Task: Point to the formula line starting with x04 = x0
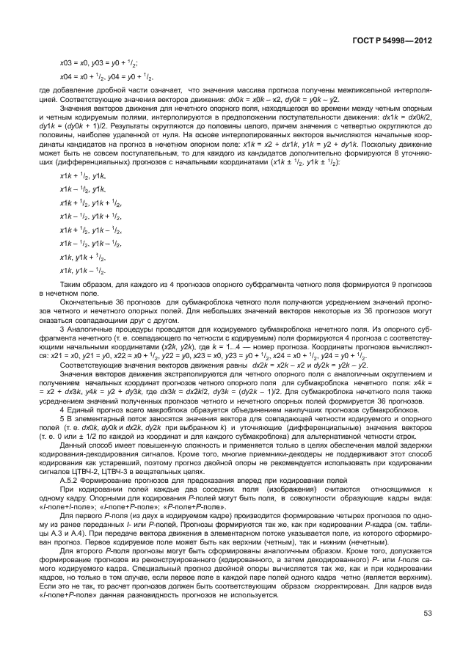[106, 76]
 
